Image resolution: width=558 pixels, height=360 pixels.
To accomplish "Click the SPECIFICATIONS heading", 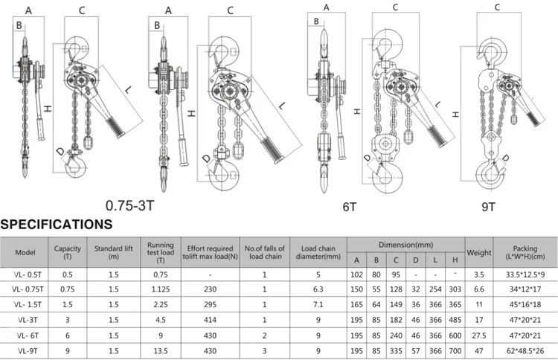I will tap(56, 223).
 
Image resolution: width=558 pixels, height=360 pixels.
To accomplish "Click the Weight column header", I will tap(478, 252).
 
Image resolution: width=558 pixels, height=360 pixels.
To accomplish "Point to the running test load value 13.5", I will tap(160, 348).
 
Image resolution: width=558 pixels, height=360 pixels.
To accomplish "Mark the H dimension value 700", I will tap(455, 348).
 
